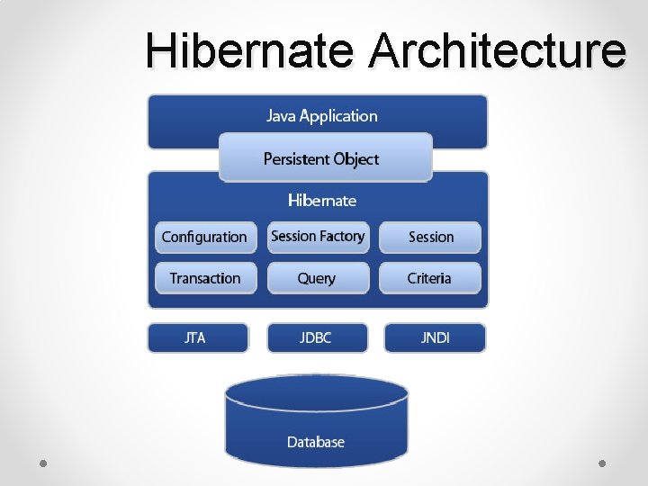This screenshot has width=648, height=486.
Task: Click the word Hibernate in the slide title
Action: [249, 50]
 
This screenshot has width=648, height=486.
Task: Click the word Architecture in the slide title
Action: [497, 50]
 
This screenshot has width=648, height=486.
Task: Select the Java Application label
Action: [321, 116]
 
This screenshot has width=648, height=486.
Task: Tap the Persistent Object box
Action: [325, 157]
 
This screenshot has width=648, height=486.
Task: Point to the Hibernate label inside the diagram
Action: [321, 200]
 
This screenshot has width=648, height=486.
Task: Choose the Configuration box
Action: [205, 237]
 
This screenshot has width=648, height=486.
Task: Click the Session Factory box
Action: [318, 236]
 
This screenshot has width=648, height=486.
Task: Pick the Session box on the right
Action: [430, 237]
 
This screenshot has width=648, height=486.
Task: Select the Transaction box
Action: [205, 278]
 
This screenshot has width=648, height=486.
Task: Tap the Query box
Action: [317, 278]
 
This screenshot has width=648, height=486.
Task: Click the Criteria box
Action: [429, 278]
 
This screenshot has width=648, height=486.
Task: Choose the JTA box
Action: [196, 337]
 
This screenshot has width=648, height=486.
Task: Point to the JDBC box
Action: [316, 337]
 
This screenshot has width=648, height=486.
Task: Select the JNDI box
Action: [435, 337]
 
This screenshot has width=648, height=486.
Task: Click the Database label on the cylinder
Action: [316, 441]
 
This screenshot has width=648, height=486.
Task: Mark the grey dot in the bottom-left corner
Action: [43, 463]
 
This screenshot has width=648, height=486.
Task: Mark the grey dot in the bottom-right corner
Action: [602, 463]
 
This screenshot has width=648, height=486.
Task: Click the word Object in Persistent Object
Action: [356, 158]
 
